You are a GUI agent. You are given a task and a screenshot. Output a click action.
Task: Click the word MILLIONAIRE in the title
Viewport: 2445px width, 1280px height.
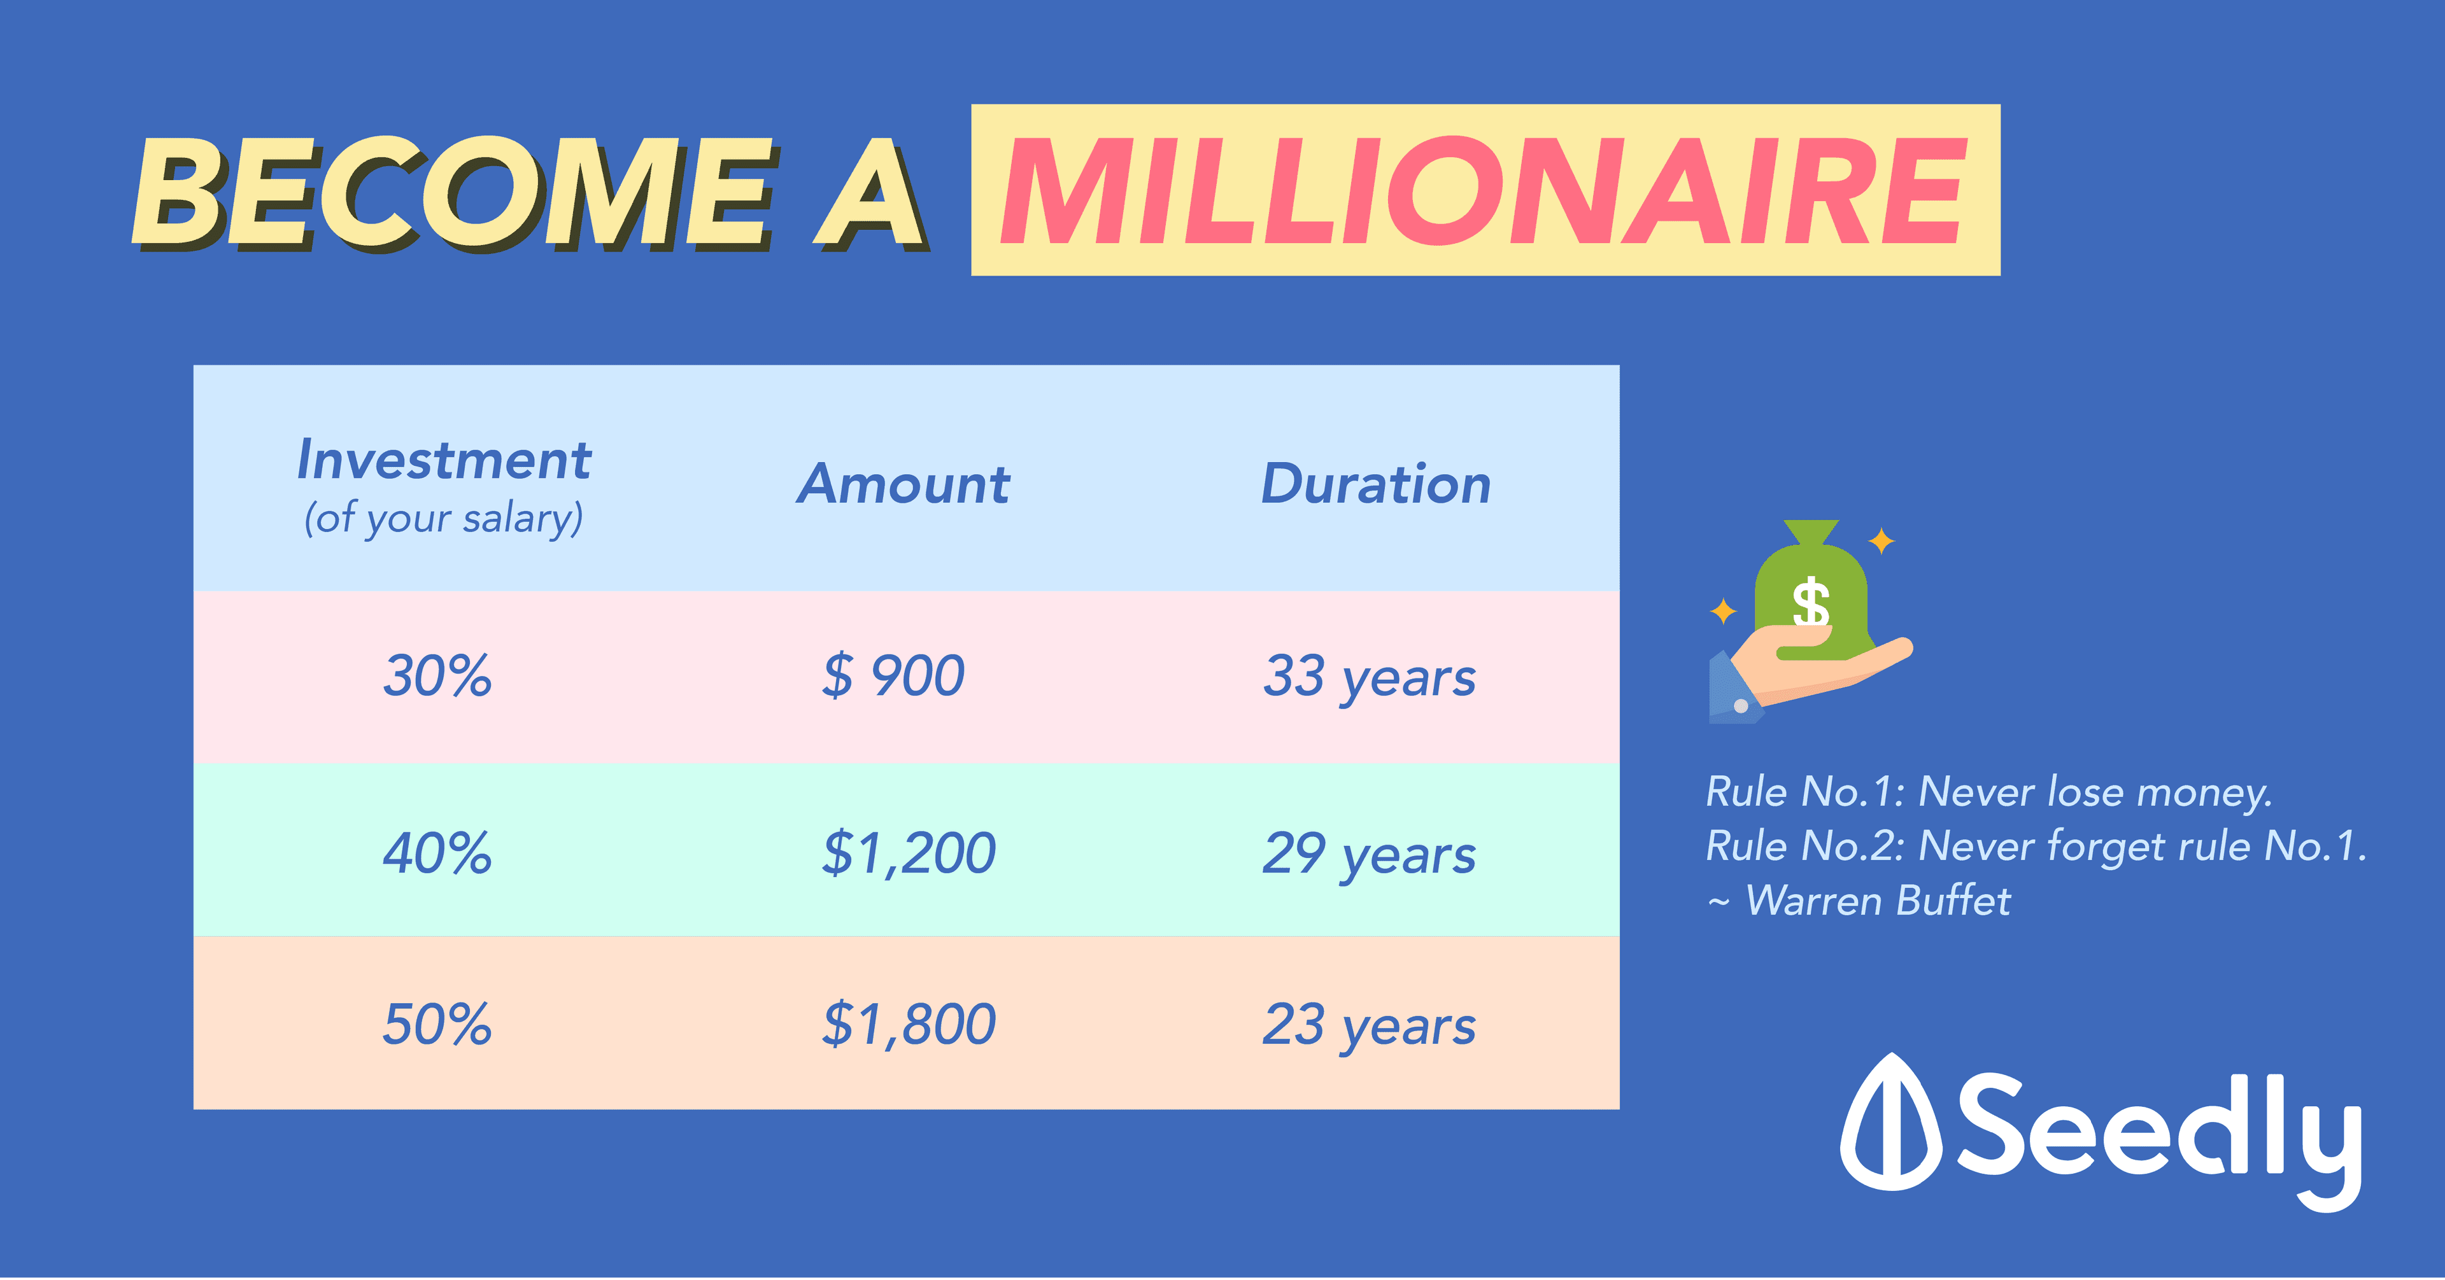click(1484, 191)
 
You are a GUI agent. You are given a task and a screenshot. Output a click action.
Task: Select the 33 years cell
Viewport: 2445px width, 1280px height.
click(1369, 679)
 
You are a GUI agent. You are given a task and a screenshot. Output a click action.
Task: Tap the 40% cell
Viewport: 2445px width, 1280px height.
click(437, 852)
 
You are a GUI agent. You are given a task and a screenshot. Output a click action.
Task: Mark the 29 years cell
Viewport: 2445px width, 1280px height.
click(1369, 855)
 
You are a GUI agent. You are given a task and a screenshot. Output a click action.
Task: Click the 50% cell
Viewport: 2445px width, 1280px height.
click(437, 1024)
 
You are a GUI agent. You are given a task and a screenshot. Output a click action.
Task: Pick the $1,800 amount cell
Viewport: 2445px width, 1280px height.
click(909, 1025)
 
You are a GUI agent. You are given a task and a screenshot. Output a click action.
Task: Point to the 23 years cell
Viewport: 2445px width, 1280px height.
click(1369, 1027)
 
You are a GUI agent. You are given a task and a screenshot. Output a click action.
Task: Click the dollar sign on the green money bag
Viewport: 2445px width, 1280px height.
click(1810, 603)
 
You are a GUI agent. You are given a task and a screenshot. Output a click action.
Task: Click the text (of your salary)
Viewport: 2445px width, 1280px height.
click(443, 519)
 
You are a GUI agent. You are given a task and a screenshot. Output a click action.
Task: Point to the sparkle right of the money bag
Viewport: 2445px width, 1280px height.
click(1882, 541)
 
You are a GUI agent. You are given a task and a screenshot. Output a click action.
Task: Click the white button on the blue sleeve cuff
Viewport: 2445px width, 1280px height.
click(1741, 706)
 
